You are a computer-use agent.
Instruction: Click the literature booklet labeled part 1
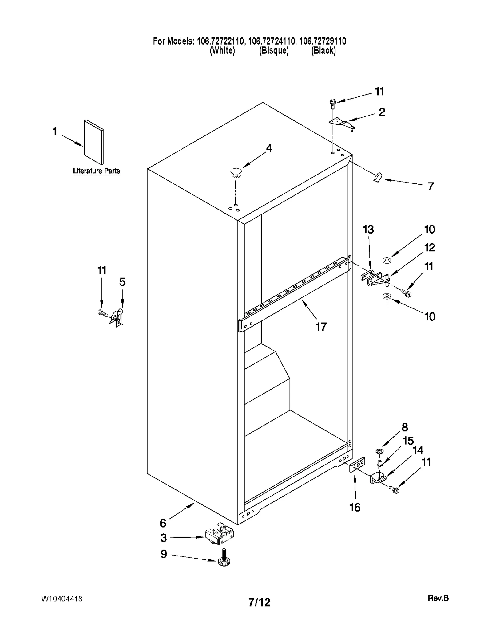[94, 142]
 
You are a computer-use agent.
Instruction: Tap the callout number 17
[321, 327]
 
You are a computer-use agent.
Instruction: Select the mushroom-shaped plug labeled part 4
[236, 173]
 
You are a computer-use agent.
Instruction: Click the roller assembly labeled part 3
[219, 536]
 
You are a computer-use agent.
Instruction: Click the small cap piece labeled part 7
[377, 177]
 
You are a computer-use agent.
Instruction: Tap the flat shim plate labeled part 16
[357, 464]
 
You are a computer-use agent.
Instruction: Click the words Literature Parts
[96, 171]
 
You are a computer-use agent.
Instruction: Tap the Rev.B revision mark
[438, 598]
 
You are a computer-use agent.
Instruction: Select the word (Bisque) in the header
[274, 51]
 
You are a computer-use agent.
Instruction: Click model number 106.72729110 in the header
[323, 41]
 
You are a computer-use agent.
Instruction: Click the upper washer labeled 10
[386, 261]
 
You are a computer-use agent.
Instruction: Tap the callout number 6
[163, 523]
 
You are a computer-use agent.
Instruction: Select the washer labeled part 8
[379, 451]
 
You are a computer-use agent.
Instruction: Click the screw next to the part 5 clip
[102, 313]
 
